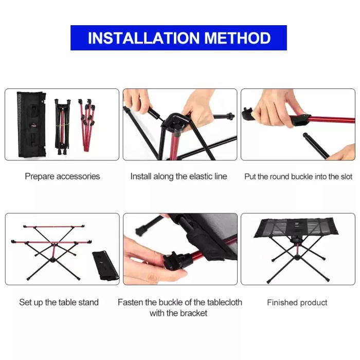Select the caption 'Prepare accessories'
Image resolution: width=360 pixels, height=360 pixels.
point(62,176)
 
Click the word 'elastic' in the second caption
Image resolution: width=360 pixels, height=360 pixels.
point(194,176)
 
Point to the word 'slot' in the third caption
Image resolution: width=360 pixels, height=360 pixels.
point(346,176)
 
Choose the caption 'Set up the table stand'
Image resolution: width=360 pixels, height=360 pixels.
point(59,302)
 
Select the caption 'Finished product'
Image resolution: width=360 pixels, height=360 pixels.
point(297,302)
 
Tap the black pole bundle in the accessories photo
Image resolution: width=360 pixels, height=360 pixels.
point(62,123)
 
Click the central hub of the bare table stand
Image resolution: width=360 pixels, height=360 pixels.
point(53,260)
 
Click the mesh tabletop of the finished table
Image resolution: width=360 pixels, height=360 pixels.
point(297,228)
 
